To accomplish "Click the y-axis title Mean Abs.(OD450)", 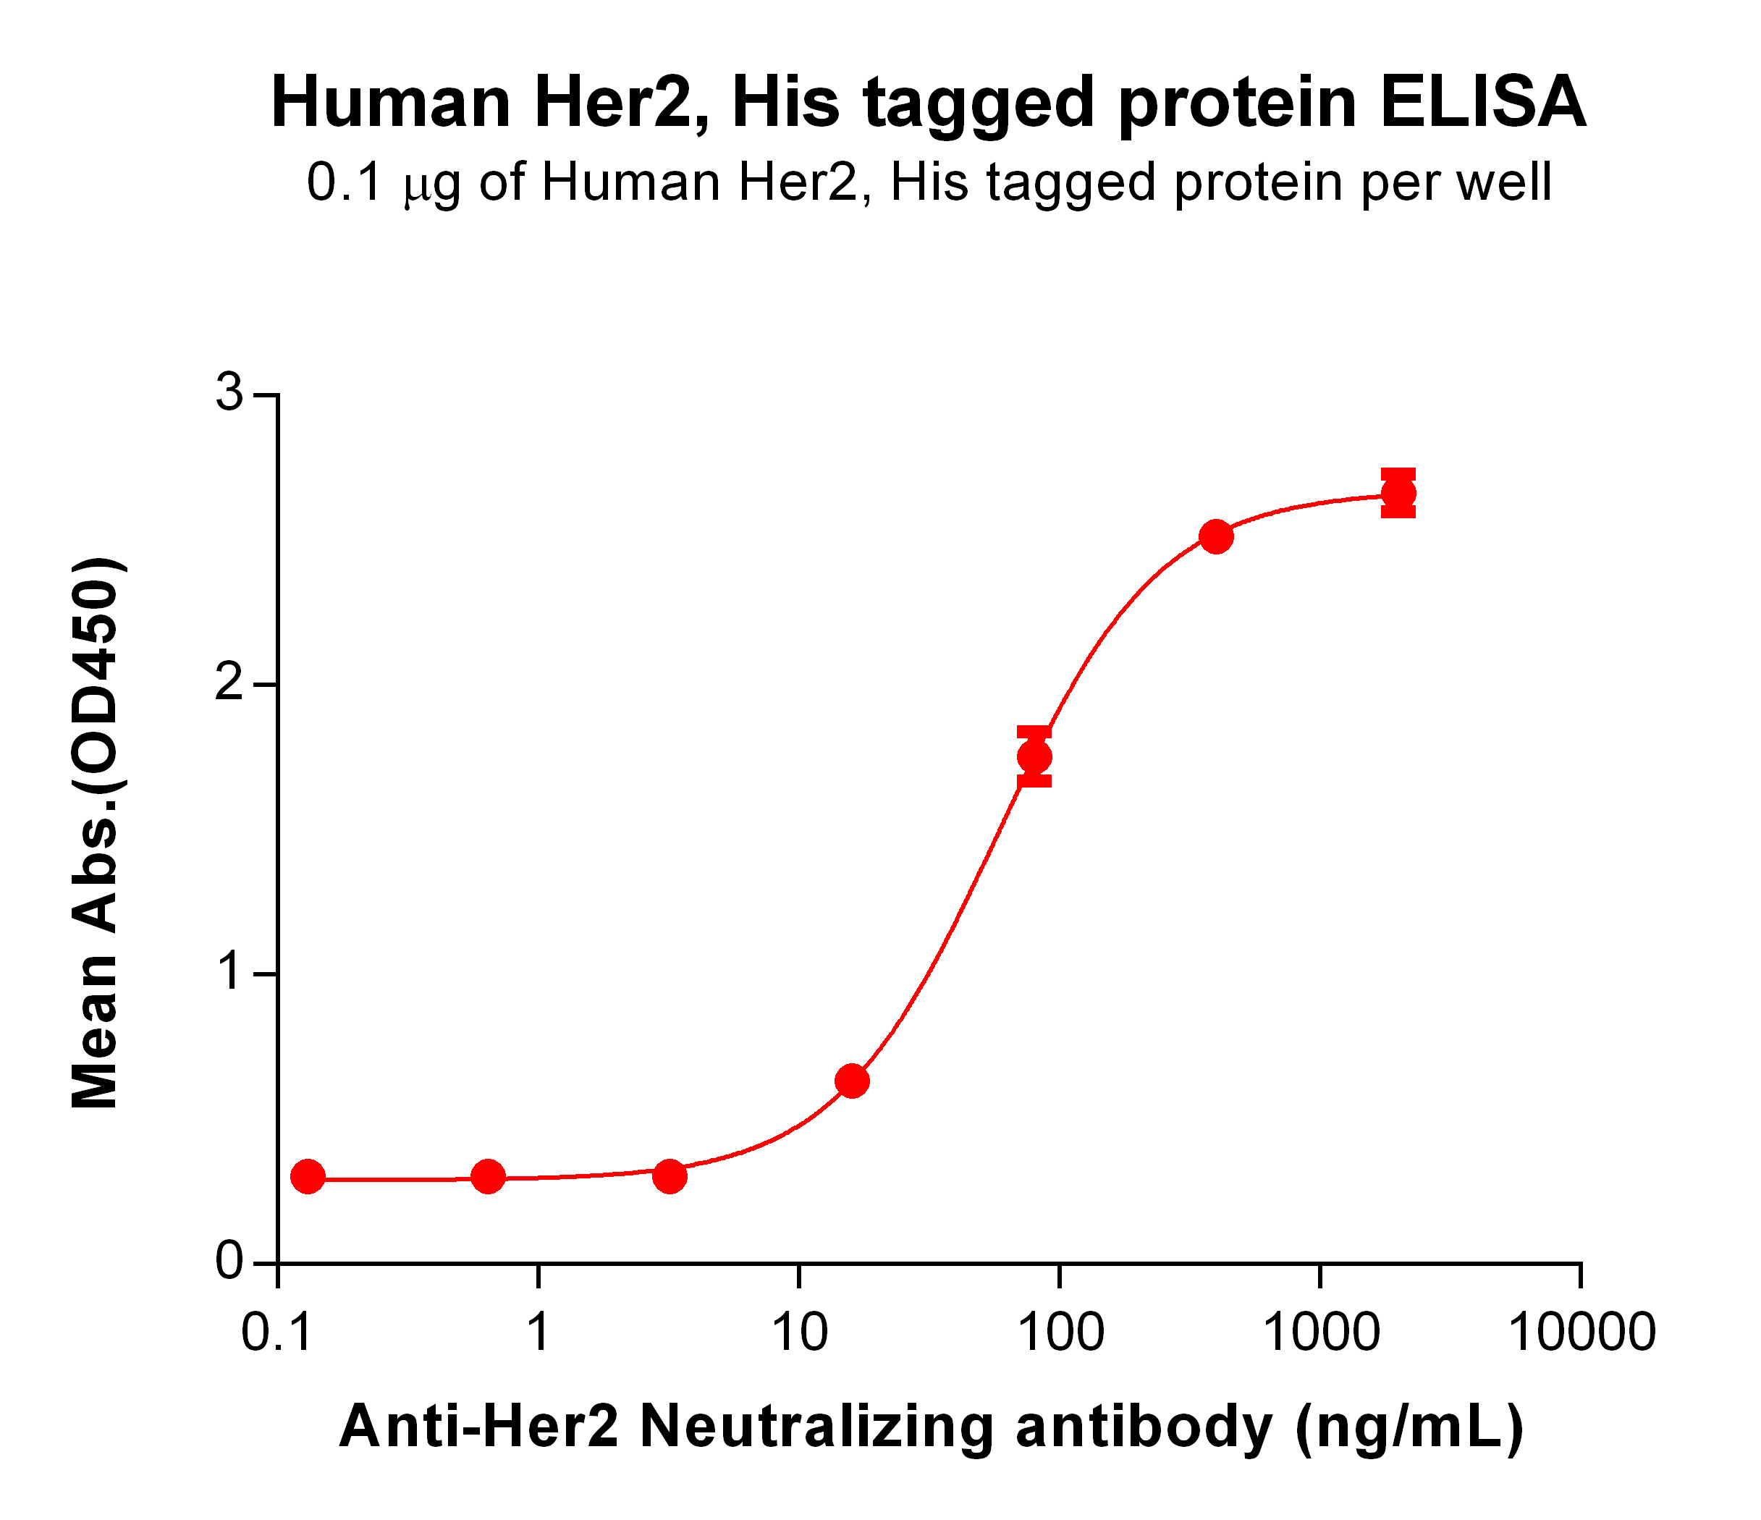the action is (96, 833).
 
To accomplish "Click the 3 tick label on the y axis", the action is (229, 394).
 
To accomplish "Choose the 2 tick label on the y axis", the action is (229, 683).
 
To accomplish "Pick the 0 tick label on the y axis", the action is (229, 1262).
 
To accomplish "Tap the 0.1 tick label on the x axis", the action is (277, 1331).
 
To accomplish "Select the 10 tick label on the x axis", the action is (799, 1331).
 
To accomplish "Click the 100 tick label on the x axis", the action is (1060, 1331).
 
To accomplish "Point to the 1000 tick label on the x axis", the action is (1320, 1331).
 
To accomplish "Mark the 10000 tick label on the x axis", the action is (1581, 1331).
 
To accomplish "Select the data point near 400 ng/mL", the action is (1216, 536).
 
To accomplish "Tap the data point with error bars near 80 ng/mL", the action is (1034, 756).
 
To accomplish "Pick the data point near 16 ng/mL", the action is (853, 1081).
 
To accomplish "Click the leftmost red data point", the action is (308, 1178).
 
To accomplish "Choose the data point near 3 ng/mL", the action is (670, 1177).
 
